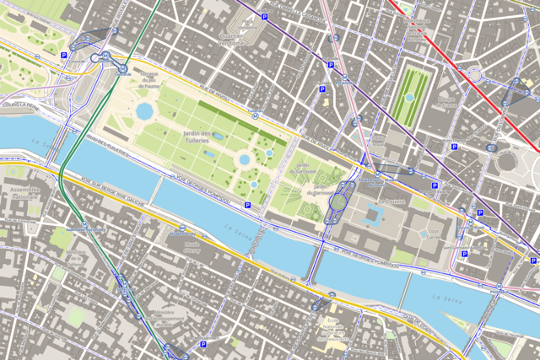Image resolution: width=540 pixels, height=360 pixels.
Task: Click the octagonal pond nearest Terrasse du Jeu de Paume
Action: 144,111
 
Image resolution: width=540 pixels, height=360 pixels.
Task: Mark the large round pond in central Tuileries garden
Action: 245,159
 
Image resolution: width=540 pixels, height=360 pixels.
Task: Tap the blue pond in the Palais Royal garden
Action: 409,98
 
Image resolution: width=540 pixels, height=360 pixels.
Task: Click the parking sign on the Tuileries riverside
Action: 247,205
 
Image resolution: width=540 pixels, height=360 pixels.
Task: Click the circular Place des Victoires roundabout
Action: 476,76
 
